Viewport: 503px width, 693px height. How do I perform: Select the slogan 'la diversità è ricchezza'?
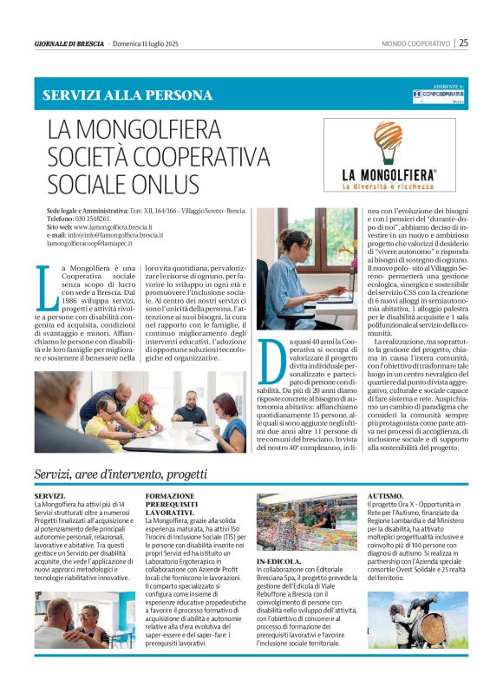pos(389,186)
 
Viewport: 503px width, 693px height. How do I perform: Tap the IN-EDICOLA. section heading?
pos(279,562)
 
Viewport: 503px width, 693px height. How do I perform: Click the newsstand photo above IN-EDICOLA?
pos(306,523)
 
